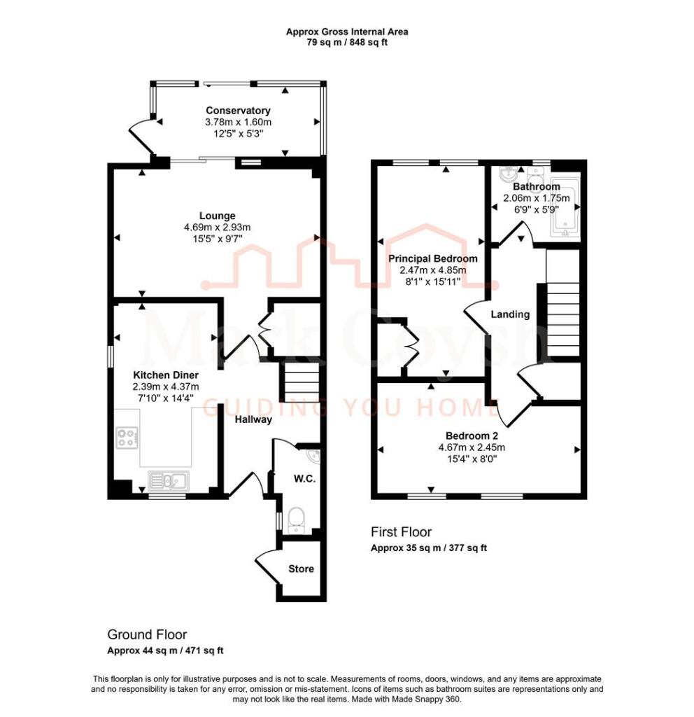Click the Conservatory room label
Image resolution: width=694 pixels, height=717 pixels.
[238, 111]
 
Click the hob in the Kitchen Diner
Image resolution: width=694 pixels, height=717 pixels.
[127, 438]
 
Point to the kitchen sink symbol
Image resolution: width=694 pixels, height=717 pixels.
[168, 480]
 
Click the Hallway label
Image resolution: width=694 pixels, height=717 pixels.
[253, 420]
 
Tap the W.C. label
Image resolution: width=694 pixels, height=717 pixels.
[302, 480]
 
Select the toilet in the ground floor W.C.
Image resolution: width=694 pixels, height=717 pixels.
[297, 520]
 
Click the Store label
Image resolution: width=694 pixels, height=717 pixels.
[301, 569]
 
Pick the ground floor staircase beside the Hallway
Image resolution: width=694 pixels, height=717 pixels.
[302, 382]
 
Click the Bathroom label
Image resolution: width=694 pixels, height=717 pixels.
[536, 187]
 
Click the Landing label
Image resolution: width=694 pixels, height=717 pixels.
[510, 314]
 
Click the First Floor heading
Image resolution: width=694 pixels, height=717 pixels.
[401, 532]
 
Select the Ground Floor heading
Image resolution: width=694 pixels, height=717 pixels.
[147, 634]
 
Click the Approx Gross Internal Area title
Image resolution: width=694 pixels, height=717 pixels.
[347, 32]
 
